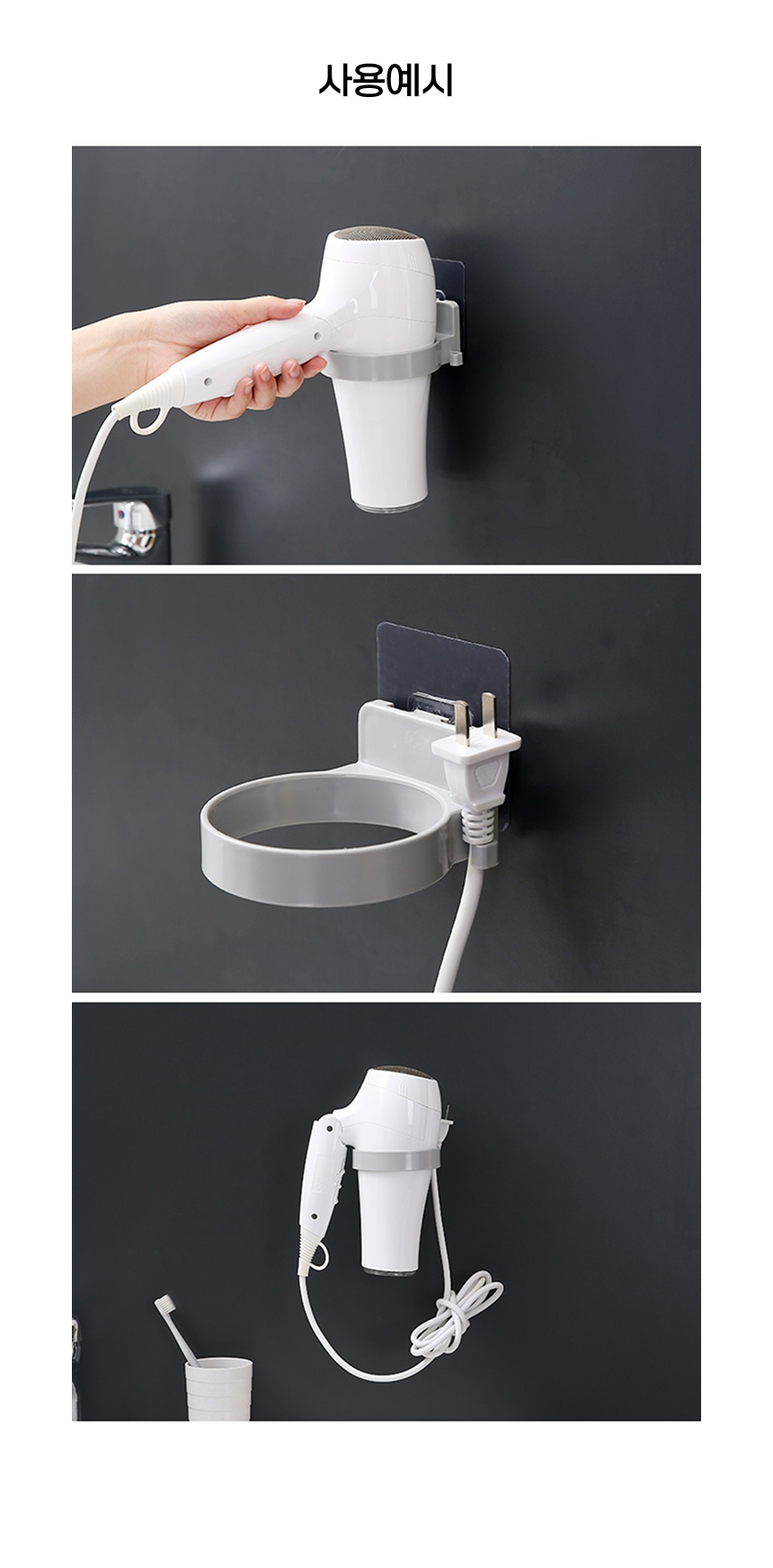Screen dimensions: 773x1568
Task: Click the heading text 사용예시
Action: (386, 81)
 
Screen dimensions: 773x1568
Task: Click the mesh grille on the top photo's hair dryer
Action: (375, 235)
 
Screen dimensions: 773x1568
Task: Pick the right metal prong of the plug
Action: (490, 709)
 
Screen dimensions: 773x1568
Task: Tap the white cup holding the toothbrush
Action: (218, 1388)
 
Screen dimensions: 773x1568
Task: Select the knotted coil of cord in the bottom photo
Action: (454, 1313)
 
